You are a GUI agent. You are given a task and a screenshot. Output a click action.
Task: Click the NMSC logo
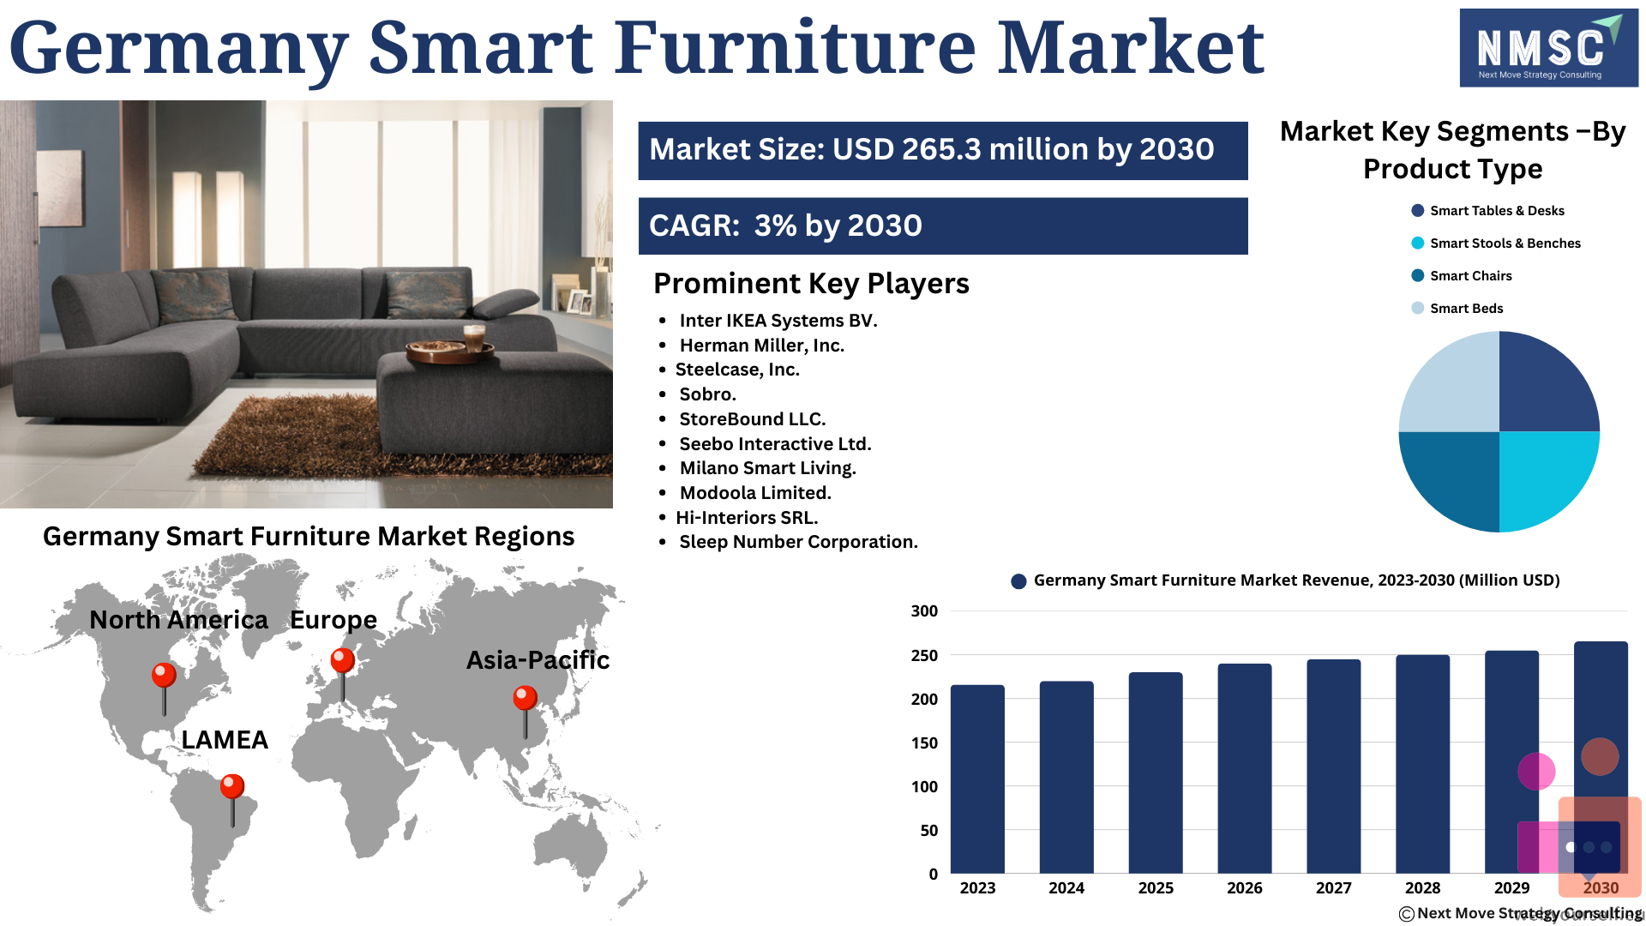click(1548, 48)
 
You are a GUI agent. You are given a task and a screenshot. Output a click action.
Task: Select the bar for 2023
click(977, 779)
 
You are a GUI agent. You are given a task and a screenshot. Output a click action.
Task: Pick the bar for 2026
click(1245, 768)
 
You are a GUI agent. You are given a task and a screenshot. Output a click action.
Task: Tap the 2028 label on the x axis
click(1422, 888)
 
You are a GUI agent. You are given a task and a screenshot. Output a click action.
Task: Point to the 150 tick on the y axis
click(924, 743)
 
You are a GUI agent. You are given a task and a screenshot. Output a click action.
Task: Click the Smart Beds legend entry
click(1457, 309)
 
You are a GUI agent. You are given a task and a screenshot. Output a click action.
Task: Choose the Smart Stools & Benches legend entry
click(1496, 244)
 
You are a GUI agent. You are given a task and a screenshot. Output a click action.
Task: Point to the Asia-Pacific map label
click(538, 660)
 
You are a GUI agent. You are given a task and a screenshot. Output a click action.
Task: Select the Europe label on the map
click(333, 620)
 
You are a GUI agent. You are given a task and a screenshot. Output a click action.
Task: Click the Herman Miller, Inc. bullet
click(762, 346)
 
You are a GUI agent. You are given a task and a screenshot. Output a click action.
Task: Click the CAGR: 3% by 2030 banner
click(943, 226)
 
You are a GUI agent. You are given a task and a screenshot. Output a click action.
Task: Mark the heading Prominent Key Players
click(811, 284)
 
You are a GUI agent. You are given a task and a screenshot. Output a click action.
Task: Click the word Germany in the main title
click(179, 48)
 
